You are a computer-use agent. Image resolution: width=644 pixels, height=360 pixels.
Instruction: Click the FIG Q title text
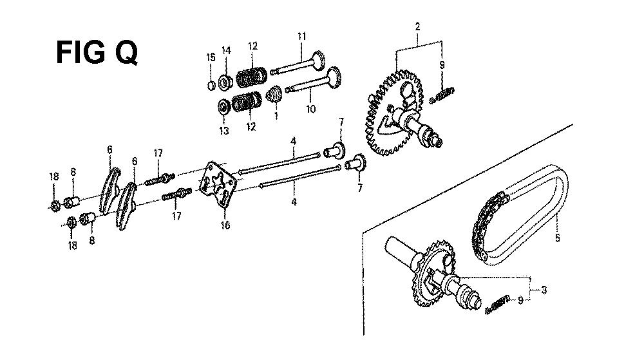tap(97, 53)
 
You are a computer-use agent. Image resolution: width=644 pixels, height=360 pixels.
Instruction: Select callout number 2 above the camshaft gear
tap(417, 27)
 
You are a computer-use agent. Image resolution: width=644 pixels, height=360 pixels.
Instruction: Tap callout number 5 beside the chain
tap(557, 238)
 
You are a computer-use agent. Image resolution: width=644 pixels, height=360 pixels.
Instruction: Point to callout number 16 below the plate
tap(225, 225)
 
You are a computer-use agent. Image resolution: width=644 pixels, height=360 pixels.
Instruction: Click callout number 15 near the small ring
tap(211, 57)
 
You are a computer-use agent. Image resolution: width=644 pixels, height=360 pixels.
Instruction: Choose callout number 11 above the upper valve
tap(302, 36)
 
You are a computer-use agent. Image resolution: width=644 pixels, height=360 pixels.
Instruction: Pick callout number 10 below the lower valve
tap(311, 109)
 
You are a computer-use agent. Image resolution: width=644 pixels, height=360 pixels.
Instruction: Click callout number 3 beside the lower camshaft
tap(544, 290)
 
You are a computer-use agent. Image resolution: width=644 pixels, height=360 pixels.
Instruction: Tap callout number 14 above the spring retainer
tap(226, 50)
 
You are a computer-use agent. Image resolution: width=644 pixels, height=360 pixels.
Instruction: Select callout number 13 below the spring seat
tap(224, 131)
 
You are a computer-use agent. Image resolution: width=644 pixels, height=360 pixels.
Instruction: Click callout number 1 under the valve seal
tap(276, 116)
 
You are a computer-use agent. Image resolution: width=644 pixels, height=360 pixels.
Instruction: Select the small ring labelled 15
tap(211, 86)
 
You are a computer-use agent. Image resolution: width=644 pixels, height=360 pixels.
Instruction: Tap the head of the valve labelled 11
tap(317, 61)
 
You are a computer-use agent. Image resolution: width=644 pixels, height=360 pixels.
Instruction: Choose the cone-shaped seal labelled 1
tap(273, 95)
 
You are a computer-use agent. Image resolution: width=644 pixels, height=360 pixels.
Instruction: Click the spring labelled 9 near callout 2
tap(442, 95)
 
